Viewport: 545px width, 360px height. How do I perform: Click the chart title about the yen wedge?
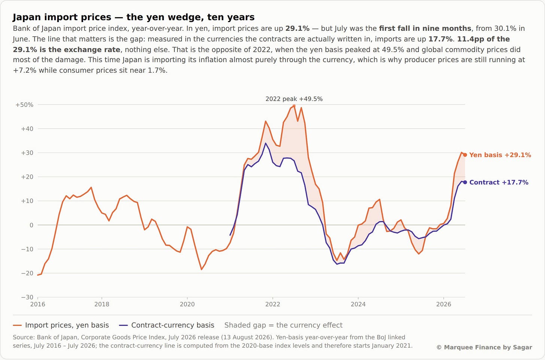pyautogui.click(x=134, y=17)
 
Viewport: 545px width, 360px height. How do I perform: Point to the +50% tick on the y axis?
pyautogui.click(x=24, y=105)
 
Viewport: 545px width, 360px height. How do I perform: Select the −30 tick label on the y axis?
pyautogui.click(x=27, y=297)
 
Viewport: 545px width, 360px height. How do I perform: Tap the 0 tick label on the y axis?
pyautogui.click(x=31, y=225)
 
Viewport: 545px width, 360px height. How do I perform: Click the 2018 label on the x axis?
pyautogui.click(x=102, y=304)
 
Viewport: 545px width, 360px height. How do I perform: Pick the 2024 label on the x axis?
pyautogui.click(x=358, y=304)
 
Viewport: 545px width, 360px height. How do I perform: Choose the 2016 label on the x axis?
pyautogui.click(x=38, y=304)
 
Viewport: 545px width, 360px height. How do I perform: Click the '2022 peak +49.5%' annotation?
pyautogui.click(x=294, y=99)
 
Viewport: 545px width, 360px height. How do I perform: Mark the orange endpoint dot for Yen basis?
pyautogui.click(x=465, y=155)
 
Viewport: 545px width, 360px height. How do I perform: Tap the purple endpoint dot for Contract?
pyautogui.click(x=465, y=182)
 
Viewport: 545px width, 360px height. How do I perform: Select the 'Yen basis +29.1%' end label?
pyautogui.click(x=500, y=155)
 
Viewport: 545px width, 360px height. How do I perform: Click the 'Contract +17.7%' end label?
pyautogui.click(x=499, y=182)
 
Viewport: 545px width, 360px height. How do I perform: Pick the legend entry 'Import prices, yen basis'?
pyautogui.click(x=61, y=325)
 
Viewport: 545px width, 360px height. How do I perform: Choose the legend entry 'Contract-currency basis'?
pyautogui.click(x=167, y=325)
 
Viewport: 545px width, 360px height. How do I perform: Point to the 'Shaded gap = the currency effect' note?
pyautogui.click(x=283, y=325)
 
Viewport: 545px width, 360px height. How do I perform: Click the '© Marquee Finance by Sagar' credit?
pyautogui.click(x=484, y=347)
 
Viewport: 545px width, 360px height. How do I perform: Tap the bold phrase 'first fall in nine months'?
pyautogui.click(x=425, y=28)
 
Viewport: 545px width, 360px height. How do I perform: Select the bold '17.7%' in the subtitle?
pyautogui.click(x=440, y=39)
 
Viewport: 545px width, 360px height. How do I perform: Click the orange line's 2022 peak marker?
pyautogui.click(x=294, y=106)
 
